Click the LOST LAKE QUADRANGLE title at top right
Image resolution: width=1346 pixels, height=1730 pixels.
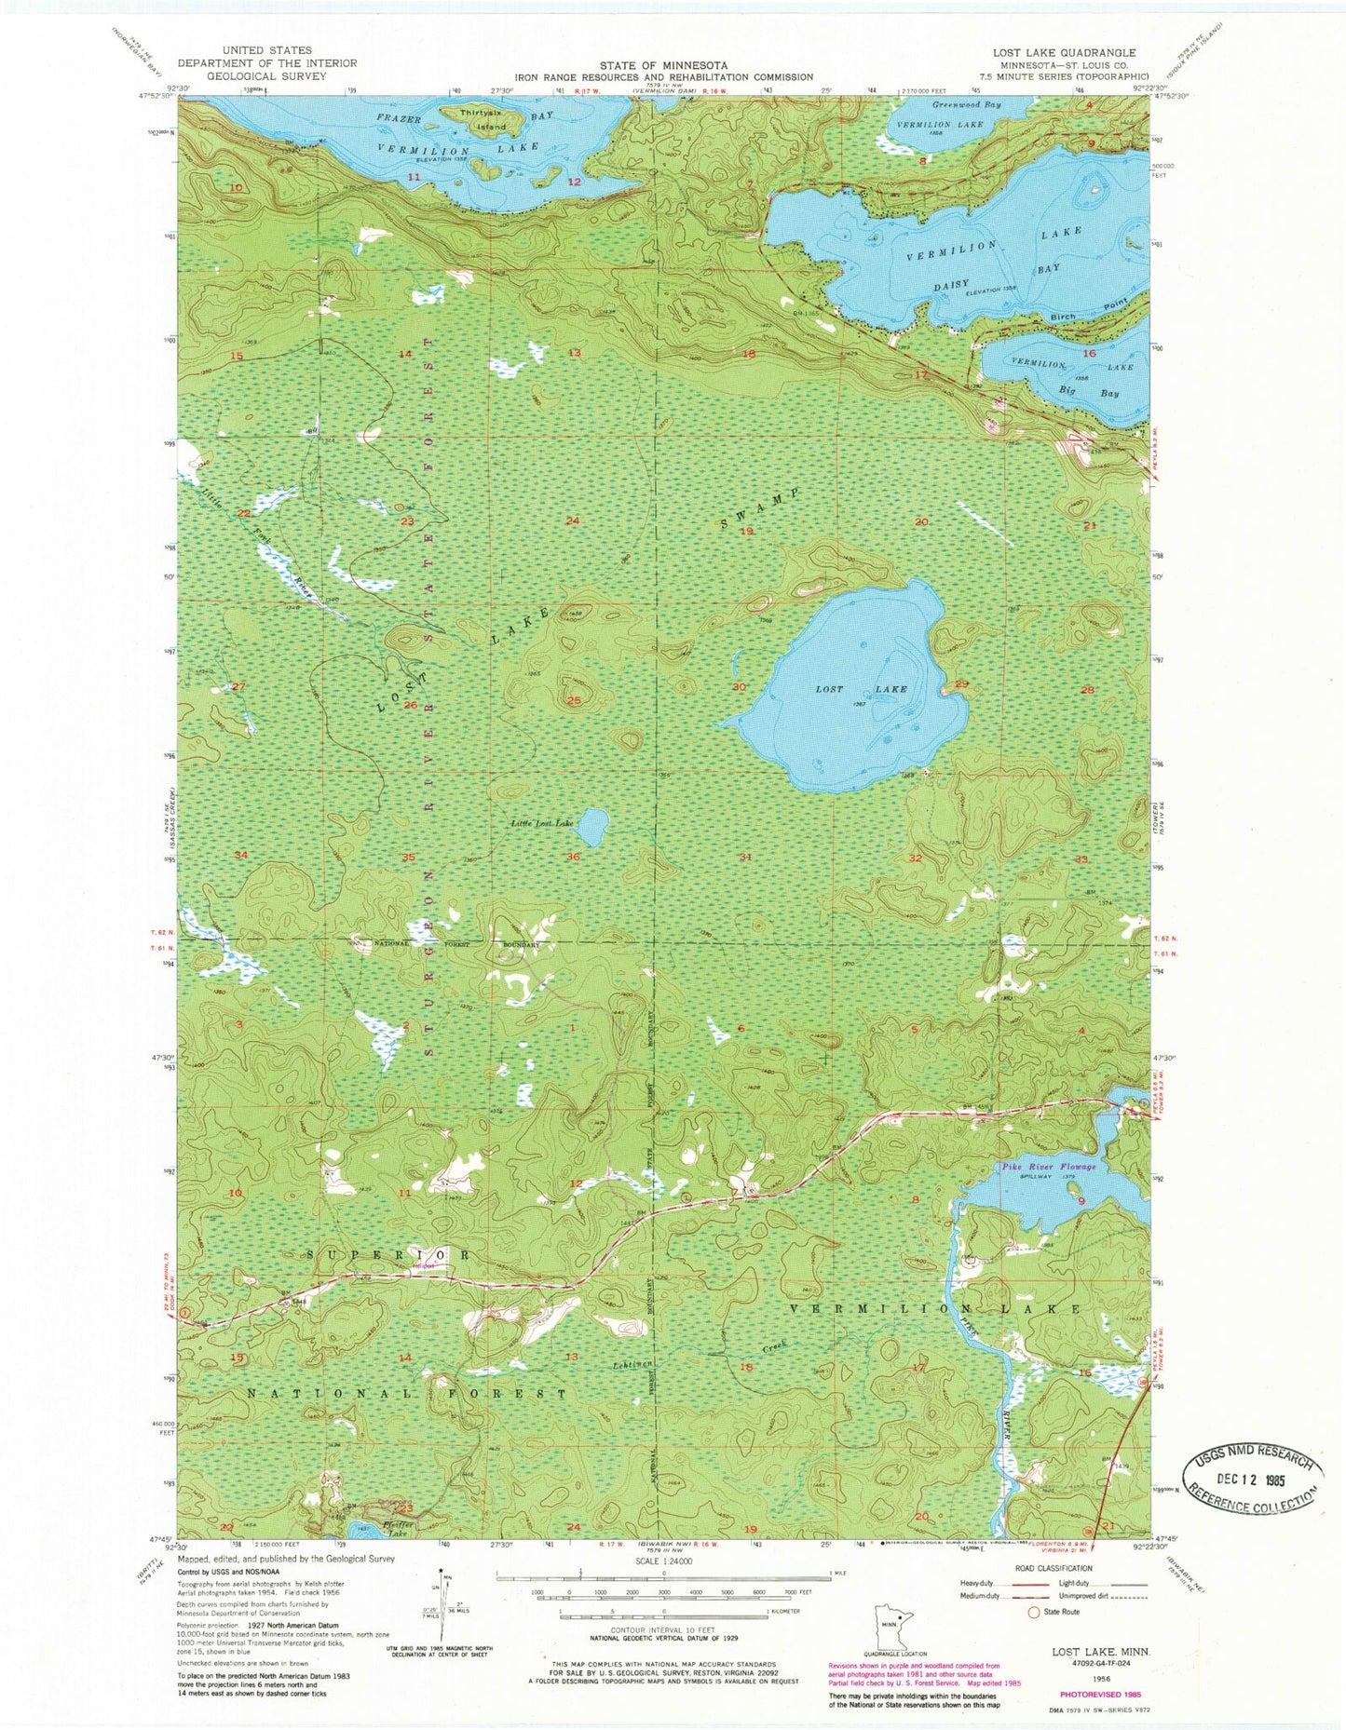1077,53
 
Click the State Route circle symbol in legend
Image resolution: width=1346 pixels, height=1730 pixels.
1032,1611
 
